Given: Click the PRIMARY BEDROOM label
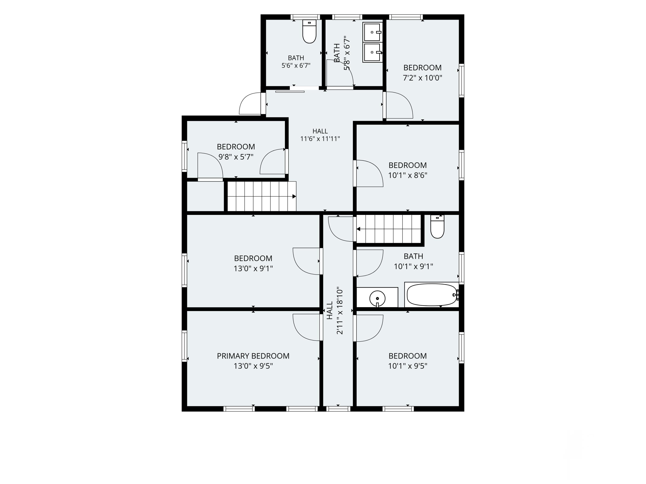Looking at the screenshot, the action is click(253, 356).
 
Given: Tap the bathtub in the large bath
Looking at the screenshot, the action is click(432, 295).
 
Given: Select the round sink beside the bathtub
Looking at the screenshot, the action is click(377, 298).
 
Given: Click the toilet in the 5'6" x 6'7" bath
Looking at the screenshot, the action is click(309, 31).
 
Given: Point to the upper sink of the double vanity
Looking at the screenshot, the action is click(372, 32).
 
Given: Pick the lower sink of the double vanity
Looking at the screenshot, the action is click(372, 52).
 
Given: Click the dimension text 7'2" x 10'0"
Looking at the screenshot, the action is click(422, 78).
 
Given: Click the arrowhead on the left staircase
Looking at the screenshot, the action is click(294, 196).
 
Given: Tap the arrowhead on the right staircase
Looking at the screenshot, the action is click(358, 229).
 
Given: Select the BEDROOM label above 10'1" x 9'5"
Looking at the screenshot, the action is click(407, 356).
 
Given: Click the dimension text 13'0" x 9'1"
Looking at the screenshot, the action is click(253, 268).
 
